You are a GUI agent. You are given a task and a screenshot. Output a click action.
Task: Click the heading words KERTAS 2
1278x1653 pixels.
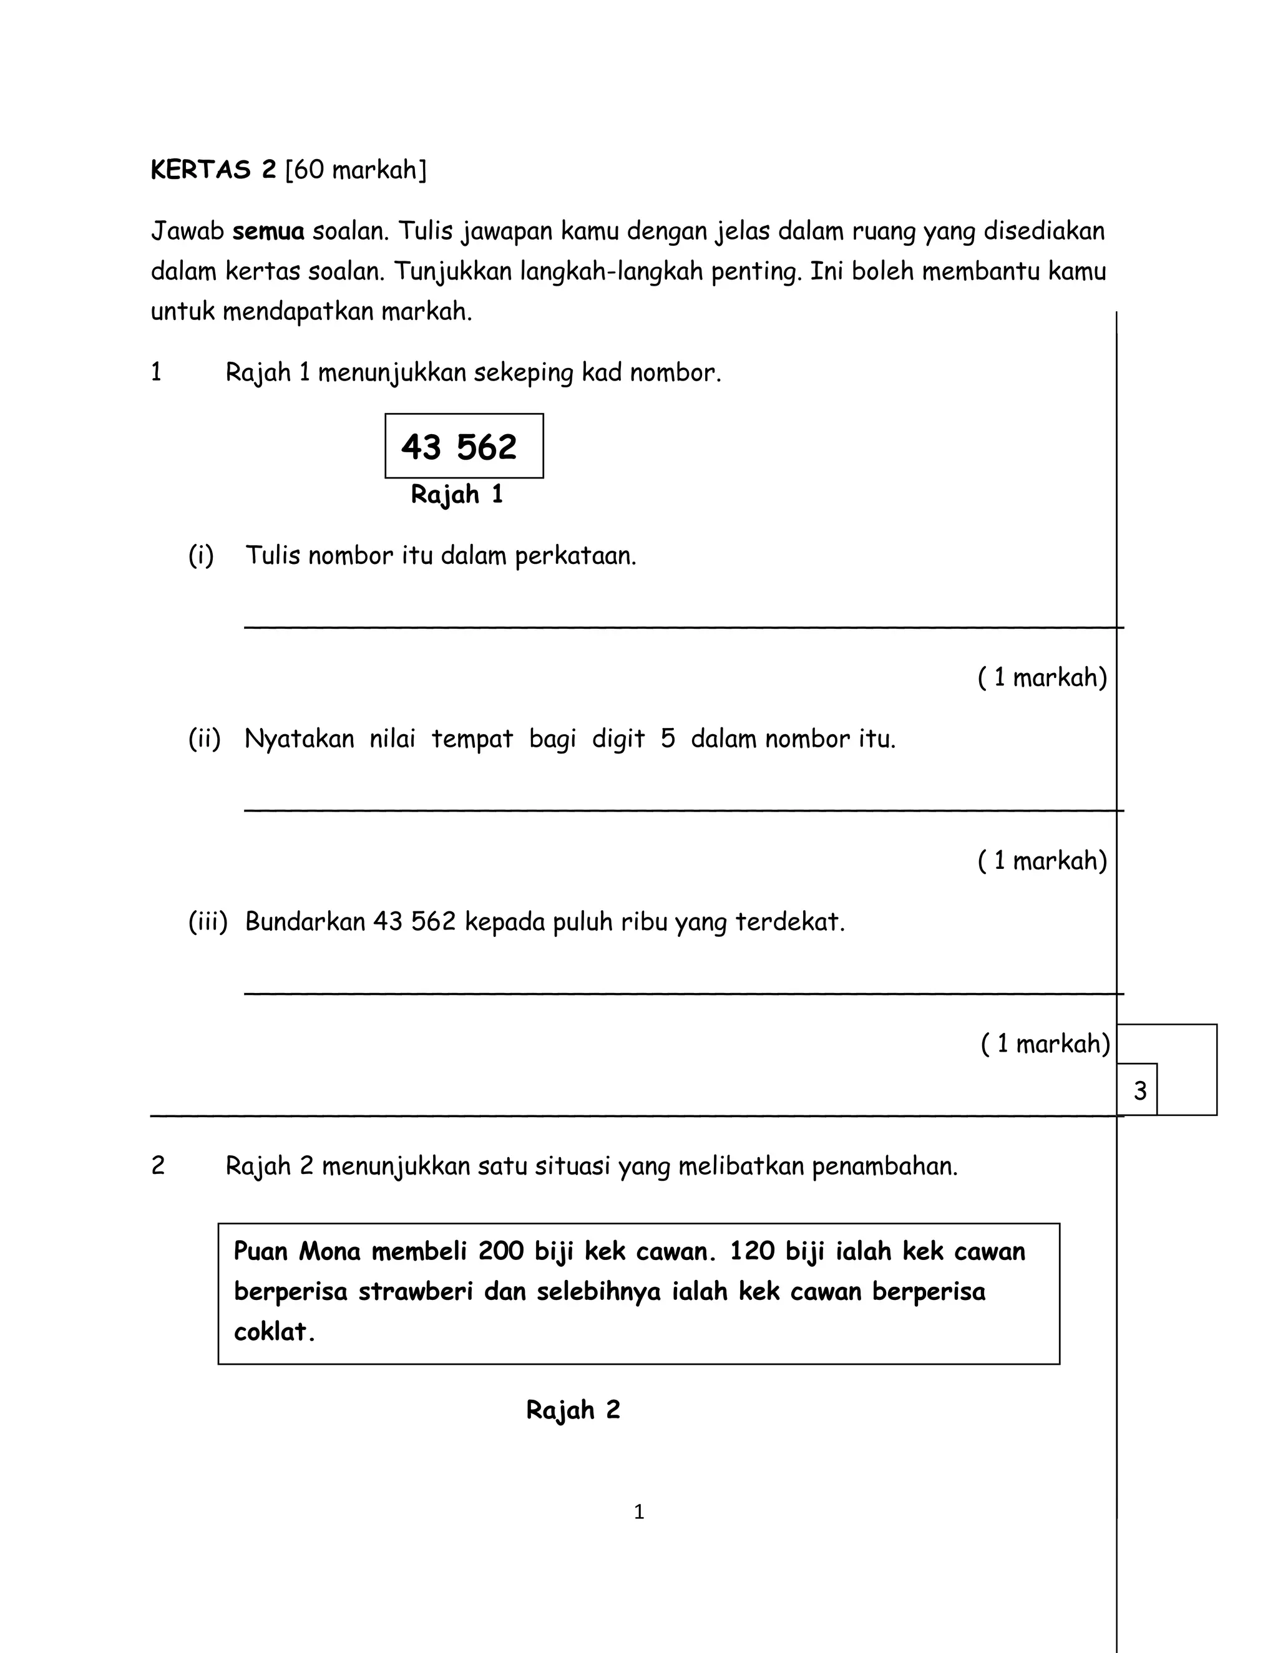(213, 170)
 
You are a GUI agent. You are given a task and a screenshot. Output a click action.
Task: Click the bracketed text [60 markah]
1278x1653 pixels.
(356, 170)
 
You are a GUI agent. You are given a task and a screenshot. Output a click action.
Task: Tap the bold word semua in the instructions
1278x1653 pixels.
(268, 231)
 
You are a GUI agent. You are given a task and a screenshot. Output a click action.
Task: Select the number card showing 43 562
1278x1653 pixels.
(464, 447)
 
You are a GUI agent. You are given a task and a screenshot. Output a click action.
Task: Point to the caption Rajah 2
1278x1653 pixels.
(573, 1409)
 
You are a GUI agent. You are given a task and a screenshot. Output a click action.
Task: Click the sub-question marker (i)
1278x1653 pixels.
(201, 556)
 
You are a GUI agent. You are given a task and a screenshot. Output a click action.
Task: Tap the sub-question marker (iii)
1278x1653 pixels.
(207, 922)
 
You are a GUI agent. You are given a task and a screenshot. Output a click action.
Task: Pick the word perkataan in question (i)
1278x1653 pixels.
(575, 557)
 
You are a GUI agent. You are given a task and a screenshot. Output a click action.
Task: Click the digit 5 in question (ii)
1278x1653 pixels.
(667, 739)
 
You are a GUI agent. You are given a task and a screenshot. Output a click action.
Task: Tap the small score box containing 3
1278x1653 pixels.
(1138, 1090)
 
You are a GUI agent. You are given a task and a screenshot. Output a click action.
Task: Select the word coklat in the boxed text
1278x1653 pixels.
(273, 1331)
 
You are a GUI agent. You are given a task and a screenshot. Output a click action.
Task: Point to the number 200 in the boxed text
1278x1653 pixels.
(500, 1251)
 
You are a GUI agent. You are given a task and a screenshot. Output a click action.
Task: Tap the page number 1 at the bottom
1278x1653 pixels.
(639, 1511)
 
